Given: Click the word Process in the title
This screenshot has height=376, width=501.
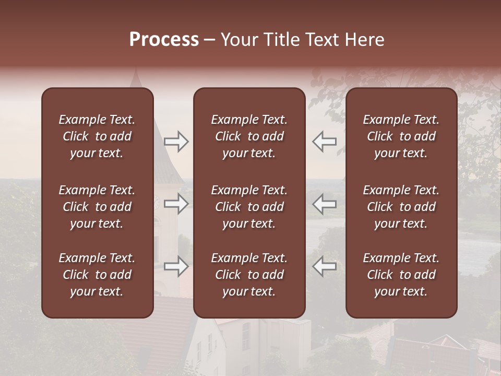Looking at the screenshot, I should pos(164,40).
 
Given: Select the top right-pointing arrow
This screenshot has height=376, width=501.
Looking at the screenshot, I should pos(176,142).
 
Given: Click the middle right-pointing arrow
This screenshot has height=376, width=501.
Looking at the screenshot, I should pos(176,204).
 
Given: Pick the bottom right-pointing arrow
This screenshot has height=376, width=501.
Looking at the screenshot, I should pos(176,266).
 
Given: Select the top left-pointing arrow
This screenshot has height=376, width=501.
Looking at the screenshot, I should pos(324,142).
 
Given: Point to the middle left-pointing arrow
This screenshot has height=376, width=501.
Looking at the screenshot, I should pos(324,204).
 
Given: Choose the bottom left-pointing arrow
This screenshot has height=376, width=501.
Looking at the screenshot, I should pos(324,266).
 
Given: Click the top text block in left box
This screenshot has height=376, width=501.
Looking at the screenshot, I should pos(97,136).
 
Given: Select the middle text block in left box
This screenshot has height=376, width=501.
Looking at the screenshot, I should pos(97,207).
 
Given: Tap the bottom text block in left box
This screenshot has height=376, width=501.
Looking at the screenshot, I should pos(97,275).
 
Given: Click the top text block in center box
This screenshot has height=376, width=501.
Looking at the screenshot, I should pos(249,136).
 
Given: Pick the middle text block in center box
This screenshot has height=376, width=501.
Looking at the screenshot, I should pos(249,207).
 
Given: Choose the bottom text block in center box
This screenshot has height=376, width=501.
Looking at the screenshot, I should pos(249,275).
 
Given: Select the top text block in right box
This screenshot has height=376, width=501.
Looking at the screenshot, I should pos(401,136).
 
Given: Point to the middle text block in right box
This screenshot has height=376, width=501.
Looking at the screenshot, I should pos(401,207).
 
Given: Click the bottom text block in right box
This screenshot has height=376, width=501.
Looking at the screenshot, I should pos(401,275).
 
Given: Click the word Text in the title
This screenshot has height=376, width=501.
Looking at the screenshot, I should pos(322,40).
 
